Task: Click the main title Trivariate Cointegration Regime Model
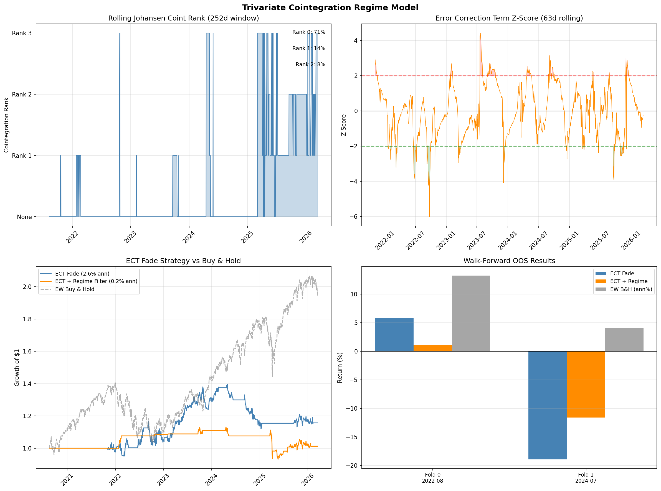tap(330, 8)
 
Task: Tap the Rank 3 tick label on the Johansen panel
tap(22, 33)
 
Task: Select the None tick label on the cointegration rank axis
tap(24, 217)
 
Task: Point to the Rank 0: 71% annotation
tap(308, 32)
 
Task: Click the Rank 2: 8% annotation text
tap(310, 65)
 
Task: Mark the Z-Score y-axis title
tap(344, 125)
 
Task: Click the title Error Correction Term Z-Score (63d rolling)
tap(509, 18)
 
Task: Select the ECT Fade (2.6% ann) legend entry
tap(82, 274)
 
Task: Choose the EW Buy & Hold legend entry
tap(75, 289)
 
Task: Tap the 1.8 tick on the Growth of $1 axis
tap(27, 319)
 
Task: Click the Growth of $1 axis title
tap(17, 368)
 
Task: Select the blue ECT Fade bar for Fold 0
tap(394, 335)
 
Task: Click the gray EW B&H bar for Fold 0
tap(471, 314)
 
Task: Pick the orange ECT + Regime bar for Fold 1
tap(586, 384)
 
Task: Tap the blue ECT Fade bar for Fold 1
tap(548, 405)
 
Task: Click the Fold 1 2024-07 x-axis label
tap(586, 478)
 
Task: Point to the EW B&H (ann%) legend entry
tap(631, 289)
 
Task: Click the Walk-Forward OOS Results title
tap(509, 261)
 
